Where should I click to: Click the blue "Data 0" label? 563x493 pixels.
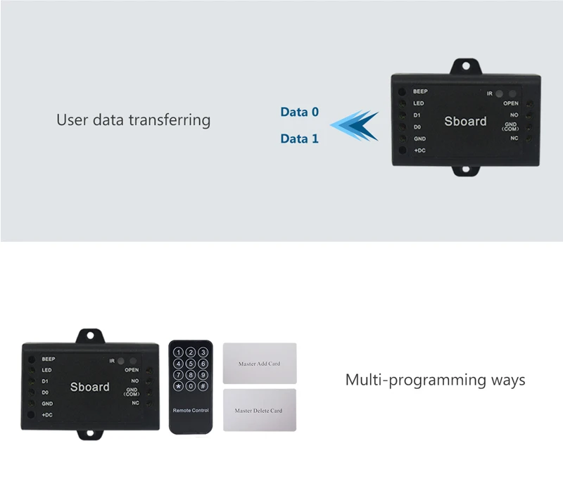click(x=300, y=112)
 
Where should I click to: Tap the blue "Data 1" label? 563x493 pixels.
click(x=300, y=139)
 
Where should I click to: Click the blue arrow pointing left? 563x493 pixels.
click(x=354, y=125)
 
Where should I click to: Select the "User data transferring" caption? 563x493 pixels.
click(x=133, y=120)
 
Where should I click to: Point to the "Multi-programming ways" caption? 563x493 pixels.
click(x=435, y=380)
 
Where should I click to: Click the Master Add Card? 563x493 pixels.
click(x=260, y=363)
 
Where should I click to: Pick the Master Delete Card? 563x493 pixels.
click(x=260, y=410)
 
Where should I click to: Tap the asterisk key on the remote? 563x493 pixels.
click(x=179, y=386)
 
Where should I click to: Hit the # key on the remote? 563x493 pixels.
click(x=203, y=386)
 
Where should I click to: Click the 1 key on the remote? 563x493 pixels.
click(x=179, y=352)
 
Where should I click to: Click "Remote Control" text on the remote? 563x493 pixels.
click(x=191, y=410)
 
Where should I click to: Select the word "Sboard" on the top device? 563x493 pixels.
click(x=465, y=121)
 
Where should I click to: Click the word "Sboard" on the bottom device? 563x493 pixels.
click(x=90, y=387)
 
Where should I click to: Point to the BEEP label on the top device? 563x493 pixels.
click(x=420, y=91)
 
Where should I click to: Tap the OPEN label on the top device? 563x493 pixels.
click(x=511, y=103)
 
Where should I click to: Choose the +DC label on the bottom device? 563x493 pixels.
click(x=47, y=415)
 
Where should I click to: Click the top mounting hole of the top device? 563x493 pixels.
click(x=466, y=66)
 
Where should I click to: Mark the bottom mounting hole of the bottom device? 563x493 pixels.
click(x=90, y=433)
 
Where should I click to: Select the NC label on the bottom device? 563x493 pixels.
click(x=135, y=403)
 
